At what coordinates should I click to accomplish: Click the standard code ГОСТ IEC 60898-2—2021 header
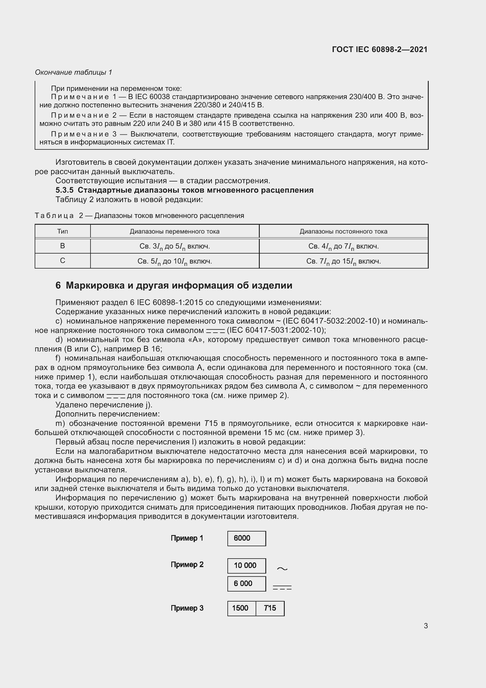click(x=379, y=49)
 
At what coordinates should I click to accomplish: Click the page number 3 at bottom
click(x=425, y=626)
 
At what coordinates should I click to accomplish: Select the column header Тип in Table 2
click(x=63, y=231)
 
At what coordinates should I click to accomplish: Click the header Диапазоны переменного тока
click(x=175, y=231)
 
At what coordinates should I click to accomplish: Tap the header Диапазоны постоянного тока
click(x=343, y=231)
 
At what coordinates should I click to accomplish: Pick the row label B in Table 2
click(x=63, y=246)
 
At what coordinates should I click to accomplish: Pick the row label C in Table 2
click(x=63, y=261)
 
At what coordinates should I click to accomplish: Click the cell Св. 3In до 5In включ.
click(x=175, y=246)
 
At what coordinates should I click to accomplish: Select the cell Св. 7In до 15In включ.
click(x=343, y=261)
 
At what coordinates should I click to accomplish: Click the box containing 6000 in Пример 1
click(x=246, y=539)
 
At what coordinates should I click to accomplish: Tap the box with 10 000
click(x=246, y=566)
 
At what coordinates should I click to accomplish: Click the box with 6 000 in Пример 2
click(x=246, y=584)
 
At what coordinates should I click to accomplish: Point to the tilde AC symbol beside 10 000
click(x=282, y=569)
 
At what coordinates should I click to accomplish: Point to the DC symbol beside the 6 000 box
click(x=282, y=588)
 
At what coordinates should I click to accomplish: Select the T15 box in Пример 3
click(x=270, y=608)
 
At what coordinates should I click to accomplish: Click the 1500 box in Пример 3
click(x=241, y=608)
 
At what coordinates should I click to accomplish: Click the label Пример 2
click(x=187, y=565)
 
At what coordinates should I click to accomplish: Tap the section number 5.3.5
click(x=64, y=190)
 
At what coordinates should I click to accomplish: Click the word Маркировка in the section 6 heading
click(x=95, y=285)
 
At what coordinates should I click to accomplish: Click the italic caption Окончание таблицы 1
click(x=73, y=72)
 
